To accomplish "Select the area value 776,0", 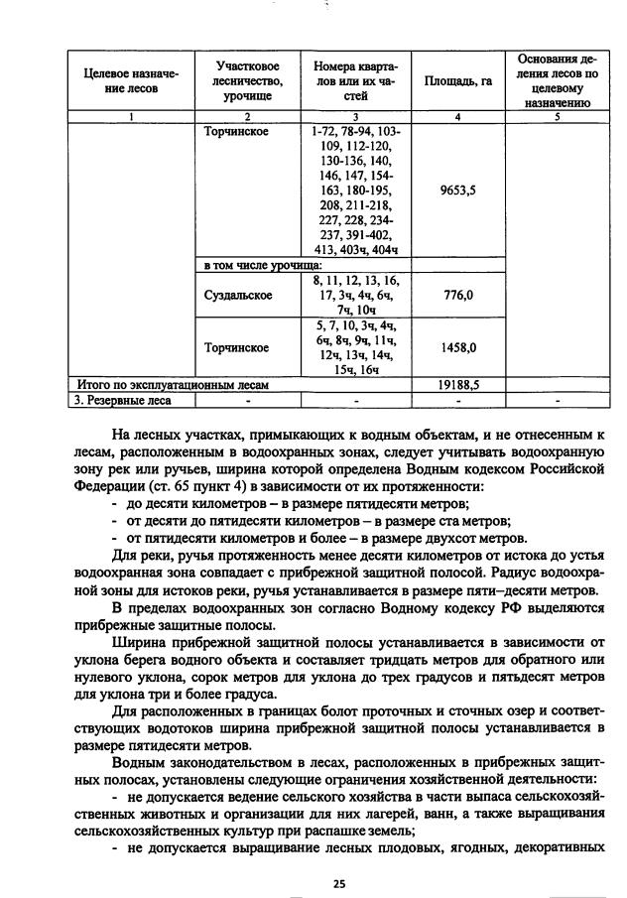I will click(456, 295).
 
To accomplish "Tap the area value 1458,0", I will click(456, 347).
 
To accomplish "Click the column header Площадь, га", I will click(456, 81).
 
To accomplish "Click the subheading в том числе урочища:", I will click(261, 266).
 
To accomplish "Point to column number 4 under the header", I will click(456, 117).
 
